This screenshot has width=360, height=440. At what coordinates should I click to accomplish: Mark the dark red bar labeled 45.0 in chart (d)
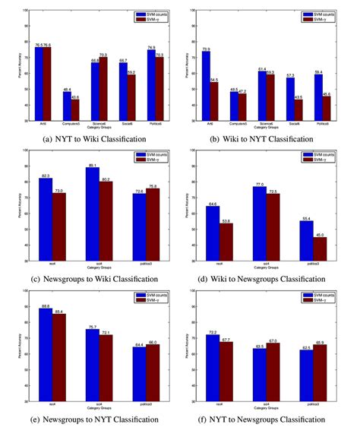tap(319, 255)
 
